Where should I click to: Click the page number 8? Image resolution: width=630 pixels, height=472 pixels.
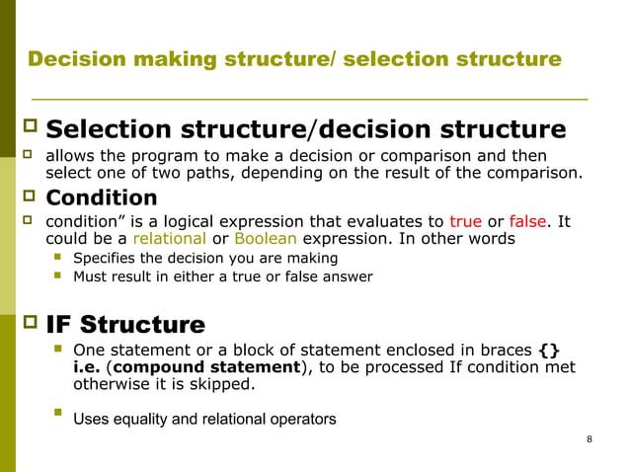tap(589, 439)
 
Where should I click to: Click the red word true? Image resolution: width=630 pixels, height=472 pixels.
tap(465, 221)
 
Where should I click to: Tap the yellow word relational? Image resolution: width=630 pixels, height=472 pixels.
tap(169, 239)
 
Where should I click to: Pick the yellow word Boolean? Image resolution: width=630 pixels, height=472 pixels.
tap(265, 239)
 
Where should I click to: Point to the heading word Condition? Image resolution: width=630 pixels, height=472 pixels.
tap(102, 197)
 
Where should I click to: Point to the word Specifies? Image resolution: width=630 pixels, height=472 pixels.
tap(106, 259)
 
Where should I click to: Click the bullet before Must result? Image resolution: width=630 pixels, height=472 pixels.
tap(57, 275)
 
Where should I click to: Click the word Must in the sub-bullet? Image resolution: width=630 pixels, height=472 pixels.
tap(90, 276)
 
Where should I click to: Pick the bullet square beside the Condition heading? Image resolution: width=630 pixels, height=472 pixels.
tap(28, 197)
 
